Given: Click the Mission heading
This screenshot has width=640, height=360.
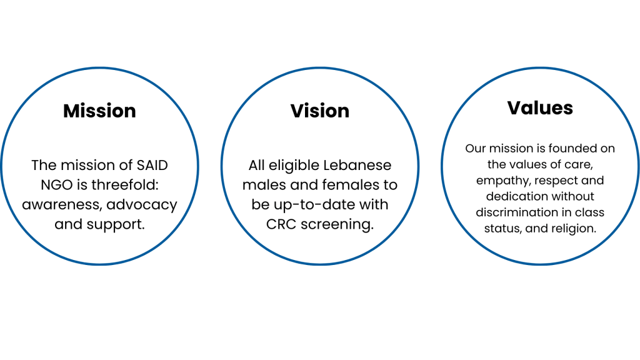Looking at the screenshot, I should pos(99,111).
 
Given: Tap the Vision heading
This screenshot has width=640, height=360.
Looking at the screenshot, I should pos(320,111).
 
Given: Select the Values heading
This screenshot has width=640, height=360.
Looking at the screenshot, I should pos(540,107).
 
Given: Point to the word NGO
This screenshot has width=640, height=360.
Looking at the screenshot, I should pos(48,185).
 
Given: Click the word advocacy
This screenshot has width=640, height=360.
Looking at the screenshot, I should pos(145,205).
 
